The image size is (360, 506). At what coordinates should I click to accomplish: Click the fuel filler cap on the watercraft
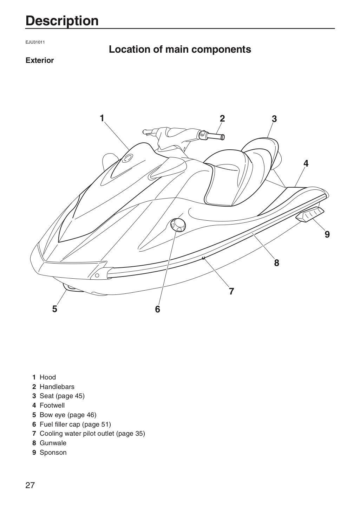[x=178, y=225]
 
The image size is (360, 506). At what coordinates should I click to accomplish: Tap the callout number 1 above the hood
[x=102, y=118]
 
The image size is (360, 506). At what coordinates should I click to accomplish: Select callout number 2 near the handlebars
[x=222, y=119]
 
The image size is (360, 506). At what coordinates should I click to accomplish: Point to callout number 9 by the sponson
[x=327, y=234]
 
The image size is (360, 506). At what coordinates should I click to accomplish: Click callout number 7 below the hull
[x=231, y=291]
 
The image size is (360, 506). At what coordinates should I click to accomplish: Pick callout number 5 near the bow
[x=55, y=309]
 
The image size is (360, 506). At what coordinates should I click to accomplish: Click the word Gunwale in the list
[x=53, y=443]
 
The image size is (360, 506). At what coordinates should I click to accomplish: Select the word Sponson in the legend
[x=53, y=452]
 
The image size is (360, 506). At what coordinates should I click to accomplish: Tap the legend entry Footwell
[x=52, y=405]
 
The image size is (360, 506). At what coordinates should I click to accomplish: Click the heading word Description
[x=62, y=21]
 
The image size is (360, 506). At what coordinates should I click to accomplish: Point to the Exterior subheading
[x=40, y=60]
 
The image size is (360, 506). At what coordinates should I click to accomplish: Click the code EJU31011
[x=35, y=42]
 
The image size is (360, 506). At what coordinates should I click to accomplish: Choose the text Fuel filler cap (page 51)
[x=75, y=424]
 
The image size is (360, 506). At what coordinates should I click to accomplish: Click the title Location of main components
[x=180, y=49]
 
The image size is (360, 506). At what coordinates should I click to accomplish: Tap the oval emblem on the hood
[x=128, y=158]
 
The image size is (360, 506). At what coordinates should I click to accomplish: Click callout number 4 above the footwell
[x=306, y=163]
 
